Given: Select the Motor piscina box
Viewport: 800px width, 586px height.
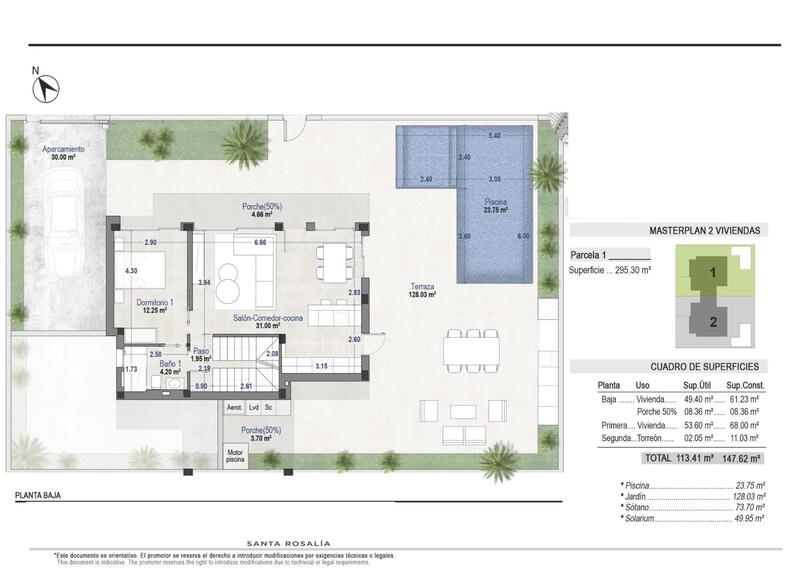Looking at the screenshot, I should click(235, 455).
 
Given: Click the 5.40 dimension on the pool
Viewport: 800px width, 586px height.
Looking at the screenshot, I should click(494, 136).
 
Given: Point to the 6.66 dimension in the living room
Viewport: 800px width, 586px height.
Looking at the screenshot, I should click(260, 242).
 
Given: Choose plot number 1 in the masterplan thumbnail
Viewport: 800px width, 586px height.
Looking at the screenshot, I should click(712, 271).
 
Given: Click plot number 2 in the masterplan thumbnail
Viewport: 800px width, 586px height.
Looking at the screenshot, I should click(712, 321).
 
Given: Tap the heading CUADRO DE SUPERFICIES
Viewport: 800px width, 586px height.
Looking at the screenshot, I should click(690, 366).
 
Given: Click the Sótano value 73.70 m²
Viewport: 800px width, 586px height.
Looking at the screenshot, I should click(747, 507).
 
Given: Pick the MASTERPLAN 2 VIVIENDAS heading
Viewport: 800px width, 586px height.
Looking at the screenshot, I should click(705, 230).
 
